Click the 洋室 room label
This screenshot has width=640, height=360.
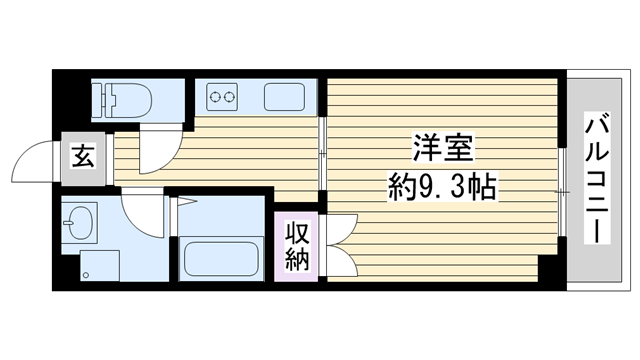coord(443,148)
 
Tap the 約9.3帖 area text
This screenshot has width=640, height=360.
coord(443,187)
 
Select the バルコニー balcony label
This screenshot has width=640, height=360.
coord(597,178)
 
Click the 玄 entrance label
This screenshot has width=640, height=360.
coord(83,157)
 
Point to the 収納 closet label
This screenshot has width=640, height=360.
coord(297,246)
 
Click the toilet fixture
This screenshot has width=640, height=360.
coord(122,100)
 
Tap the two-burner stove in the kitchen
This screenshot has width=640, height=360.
coord(222,97)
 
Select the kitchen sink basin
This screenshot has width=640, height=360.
coord(284,97)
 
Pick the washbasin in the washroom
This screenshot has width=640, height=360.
coord(80,222)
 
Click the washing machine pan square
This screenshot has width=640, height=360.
coord(100,266)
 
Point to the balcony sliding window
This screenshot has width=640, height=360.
coord(562,192)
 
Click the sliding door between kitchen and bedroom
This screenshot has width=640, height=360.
coord(322,154)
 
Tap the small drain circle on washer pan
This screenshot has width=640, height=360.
coord(86,275)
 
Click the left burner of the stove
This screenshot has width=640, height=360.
coord(215,97)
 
